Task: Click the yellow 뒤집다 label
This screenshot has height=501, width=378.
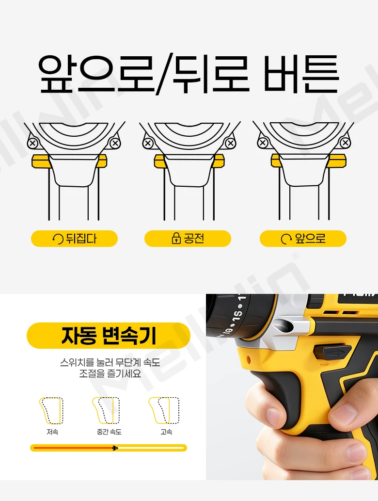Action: point(74,238)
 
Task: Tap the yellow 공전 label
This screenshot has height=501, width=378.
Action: point(188,238)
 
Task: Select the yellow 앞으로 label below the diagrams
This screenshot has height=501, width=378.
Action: point(303,238)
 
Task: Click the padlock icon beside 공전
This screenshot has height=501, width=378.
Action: point(176,238)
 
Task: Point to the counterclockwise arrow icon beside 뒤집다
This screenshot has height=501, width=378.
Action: point(58,239)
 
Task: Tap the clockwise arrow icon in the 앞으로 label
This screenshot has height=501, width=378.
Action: point(286,239)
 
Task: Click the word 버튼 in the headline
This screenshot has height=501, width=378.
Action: point(301,74)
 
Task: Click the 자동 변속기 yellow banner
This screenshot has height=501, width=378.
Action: point(109,336)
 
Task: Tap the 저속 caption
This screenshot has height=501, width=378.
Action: point(52,432)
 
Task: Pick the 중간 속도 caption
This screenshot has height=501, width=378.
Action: point(109,432)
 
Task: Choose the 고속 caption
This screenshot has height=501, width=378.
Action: point(166,432)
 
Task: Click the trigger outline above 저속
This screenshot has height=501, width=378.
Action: point(51,411)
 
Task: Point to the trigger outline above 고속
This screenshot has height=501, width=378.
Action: point(164,411)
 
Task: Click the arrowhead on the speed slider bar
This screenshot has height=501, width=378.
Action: point(115,448)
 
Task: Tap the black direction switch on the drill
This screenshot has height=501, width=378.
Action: point(332,352)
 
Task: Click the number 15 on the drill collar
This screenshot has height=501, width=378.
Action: point(238,314)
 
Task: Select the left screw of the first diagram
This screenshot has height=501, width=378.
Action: point(32,143)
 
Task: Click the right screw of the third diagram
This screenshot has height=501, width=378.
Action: point(345,143)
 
